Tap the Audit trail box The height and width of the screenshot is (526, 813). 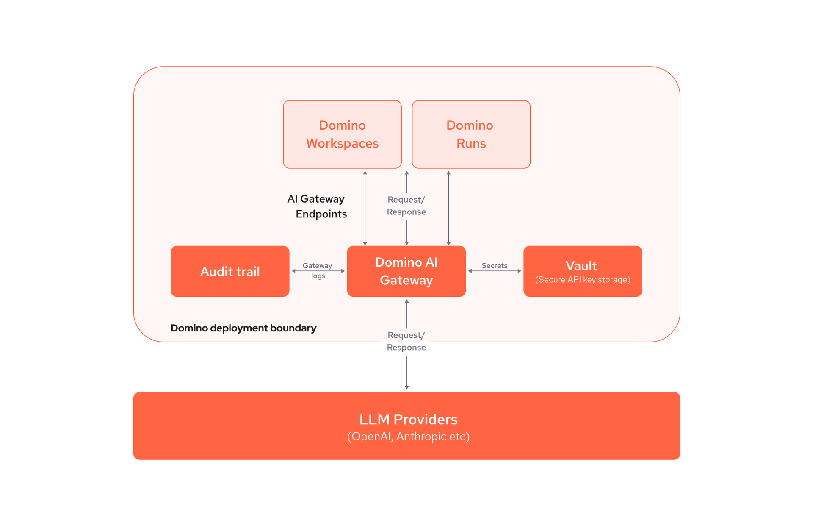coord(230,271)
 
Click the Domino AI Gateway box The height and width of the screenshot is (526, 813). coord(406,271)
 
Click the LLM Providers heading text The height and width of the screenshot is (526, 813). coord(408,419)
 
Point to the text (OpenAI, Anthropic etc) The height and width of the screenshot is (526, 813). coord(408,437)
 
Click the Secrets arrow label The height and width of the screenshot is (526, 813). coord(494,266)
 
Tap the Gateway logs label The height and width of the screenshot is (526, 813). coord(318,270)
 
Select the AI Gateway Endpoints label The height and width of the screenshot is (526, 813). coord(317,206)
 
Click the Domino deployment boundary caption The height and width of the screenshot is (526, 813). coord(243,328)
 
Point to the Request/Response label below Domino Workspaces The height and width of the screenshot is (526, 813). coord(406,206)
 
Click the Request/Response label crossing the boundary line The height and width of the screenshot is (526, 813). coord(406,341)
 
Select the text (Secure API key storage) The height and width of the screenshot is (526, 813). coord(583,280)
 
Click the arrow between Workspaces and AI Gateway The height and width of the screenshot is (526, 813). coord(365,208)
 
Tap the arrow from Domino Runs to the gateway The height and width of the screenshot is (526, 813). coord(448,208)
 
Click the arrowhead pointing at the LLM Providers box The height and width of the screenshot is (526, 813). coord(407,387)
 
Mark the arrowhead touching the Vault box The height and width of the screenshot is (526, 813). coord(519,271)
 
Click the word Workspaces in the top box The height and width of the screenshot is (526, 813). coord(342,143)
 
